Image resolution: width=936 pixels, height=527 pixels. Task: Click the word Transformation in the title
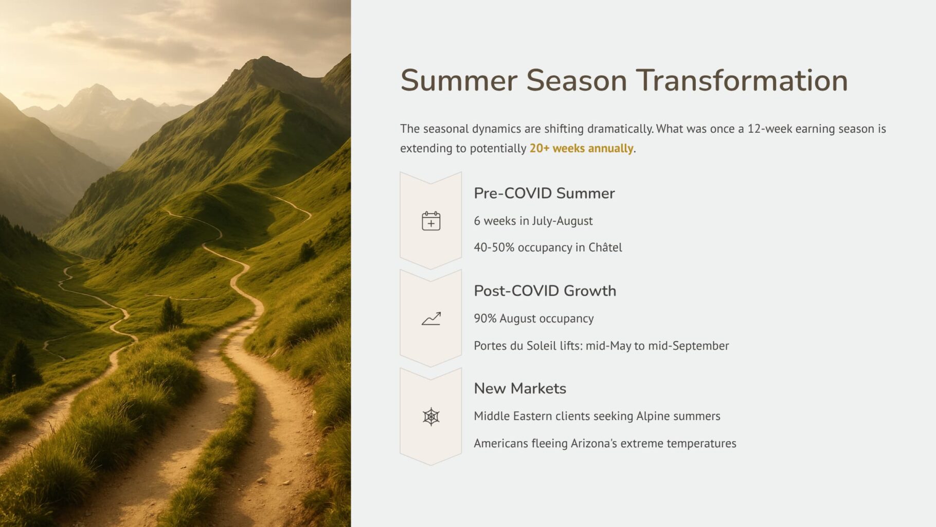pos(742,81)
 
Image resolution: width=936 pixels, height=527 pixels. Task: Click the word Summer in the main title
pos(459,81)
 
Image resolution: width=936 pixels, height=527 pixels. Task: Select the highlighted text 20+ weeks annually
pos(581,148)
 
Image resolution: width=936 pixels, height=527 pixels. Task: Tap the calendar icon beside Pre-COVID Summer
pos(431,221)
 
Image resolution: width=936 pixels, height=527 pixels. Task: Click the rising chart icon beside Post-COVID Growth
pos(431,319)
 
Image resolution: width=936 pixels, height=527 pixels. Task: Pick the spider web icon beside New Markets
pos(431,416)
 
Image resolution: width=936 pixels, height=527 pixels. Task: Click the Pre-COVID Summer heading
pos(544,193)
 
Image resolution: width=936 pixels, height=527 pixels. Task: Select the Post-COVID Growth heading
pos(545,291)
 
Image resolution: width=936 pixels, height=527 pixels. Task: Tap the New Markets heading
pos(520,389)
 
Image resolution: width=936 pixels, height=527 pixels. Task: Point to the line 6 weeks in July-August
pos(533,221)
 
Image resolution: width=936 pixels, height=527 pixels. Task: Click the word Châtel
pos(605,247)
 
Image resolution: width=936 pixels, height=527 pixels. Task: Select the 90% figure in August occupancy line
pos(485,319)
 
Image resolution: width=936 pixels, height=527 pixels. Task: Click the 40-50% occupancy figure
pos(494,248)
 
